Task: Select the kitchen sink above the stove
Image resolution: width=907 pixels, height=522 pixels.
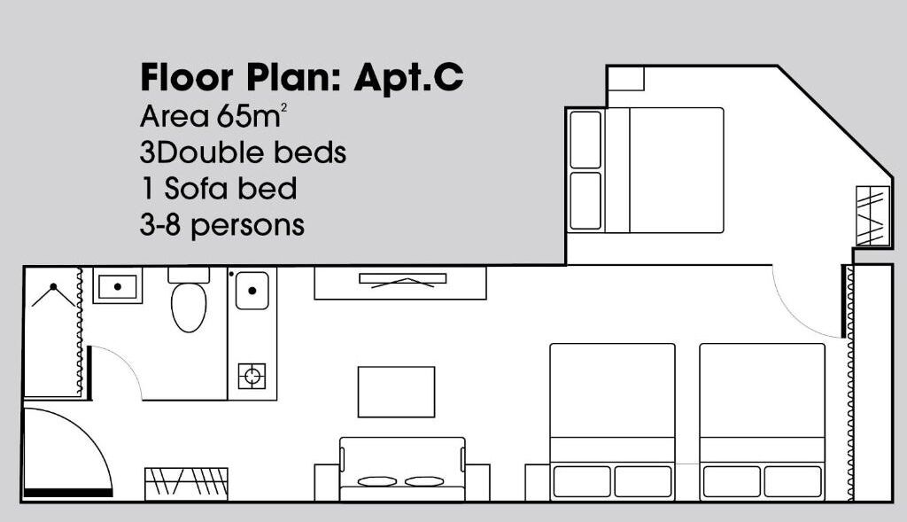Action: pyautogui.click(x=252, y=291)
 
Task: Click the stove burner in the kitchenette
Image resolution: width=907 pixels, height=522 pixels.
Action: pyautogui.click(x=252, y=376)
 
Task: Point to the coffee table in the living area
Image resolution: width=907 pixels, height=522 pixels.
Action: pyautogui.click(x=396, y=392)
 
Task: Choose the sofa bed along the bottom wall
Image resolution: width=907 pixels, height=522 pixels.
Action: pyautogui.click(x=402, y=469)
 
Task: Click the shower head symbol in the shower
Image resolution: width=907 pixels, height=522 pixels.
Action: pyautogui.click(x=54, y=289)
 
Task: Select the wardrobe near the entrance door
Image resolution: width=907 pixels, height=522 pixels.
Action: pyautogui.click(x=186, y=484)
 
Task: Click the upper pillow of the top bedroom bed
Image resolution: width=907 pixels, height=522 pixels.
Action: pyautogui.click(x=585, y=139)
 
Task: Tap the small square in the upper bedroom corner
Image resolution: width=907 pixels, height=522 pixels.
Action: pyautogui.click(x=625, y=78)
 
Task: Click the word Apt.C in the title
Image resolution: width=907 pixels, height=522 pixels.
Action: pyautogui.click(x=408, y=78)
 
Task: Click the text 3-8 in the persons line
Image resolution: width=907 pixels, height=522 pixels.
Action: pyautogui.click(x=160, y=225)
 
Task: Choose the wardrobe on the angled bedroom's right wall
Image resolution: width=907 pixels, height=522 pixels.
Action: pyautogui.click(x=872, y=216)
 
